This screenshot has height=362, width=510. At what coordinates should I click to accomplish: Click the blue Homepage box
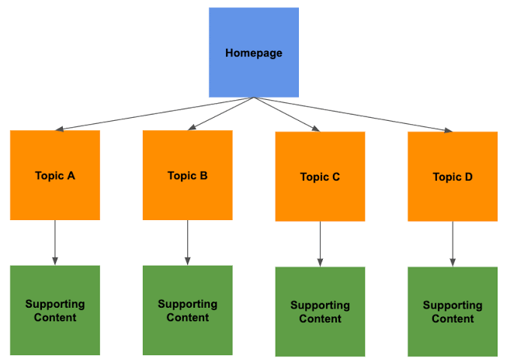(x=254, y=52)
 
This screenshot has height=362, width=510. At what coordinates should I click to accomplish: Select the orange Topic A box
(x=55, y=175)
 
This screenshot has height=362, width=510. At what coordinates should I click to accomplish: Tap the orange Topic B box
(x=188, y=175)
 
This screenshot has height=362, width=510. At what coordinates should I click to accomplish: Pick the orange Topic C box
(x=320, y=177)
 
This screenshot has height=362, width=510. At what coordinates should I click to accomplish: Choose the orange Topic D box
(x=453, y=177)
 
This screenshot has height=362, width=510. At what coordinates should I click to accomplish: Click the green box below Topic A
(x=55, y=310)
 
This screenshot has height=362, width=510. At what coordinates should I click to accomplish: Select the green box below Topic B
(x=188, y=310)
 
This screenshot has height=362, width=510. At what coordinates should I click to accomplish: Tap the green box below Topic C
(x=320, y=312)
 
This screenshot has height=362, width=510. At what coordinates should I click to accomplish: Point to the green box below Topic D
(x=453, y=312)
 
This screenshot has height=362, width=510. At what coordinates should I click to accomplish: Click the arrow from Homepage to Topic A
(x=155, y=113)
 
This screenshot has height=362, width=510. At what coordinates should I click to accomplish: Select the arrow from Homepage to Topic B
(x=221, y=113)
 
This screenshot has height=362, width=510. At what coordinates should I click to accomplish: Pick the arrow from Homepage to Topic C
(x=286, y=114)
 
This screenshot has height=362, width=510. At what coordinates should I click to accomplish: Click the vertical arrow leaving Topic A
(x=55, y=243)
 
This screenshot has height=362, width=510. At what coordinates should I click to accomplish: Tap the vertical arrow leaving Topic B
(x=188, y=243)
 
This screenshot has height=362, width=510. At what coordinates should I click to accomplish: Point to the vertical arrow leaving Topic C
(x=320, y=244)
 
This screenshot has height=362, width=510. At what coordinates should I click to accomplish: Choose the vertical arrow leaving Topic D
(x=453, y=244)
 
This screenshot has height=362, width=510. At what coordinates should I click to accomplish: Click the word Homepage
(x=254, y=53)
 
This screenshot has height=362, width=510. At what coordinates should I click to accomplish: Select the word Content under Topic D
(x=453, y=319)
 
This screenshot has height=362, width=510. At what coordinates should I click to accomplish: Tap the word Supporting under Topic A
(x=55, y=304)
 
